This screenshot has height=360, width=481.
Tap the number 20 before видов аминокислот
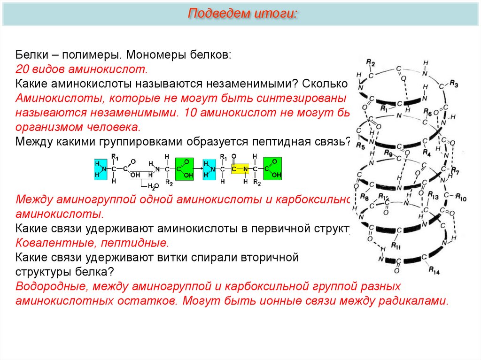click(22, 69)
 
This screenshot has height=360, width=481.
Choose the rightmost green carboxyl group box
click(272, 169)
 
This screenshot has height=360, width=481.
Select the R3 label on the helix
click(453, 83)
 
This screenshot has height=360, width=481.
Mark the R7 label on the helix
click(456, 169)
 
